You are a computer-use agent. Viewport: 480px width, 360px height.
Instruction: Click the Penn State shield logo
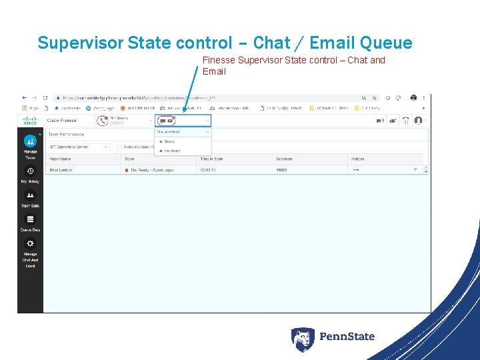[x=302, y=339]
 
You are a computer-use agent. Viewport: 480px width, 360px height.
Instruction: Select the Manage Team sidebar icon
[x=30, y=142]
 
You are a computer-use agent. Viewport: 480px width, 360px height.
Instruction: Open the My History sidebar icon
[x=30, y=171]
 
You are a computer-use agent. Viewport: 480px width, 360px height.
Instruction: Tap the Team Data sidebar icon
[x=30, y=195]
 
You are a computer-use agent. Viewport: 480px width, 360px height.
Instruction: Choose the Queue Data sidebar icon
[x=30, y=219]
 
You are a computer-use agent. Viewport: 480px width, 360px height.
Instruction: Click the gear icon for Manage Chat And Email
[x=30, y=244]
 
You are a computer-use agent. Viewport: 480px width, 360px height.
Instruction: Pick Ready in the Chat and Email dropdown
[x=169, y=141]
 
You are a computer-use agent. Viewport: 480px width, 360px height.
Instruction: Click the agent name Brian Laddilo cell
[x=61, y=170]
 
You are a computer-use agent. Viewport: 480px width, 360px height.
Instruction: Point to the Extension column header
[x=284, y=159]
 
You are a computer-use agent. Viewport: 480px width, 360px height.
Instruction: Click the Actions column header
[x=357, y=159]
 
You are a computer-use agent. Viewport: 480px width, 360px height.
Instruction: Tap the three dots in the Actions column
[x=356, y=170]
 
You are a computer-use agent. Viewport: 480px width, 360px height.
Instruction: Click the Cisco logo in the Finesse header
[x=30, y=121]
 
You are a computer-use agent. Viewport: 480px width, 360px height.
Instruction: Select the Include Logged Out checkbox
[x=119, y=147]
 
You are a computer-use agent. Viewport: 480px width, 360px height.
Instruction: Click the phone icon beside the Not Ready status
[x=102, y=121]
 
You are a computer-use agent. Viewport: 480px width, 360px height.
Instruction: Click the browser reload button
[x=45, y=97]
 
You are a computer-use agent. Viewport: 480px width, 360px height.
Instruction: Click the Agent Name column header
[x=60, y=159]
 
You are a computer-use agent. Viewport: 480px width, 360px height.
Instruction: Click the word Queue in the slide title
[x=386, y=43]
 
